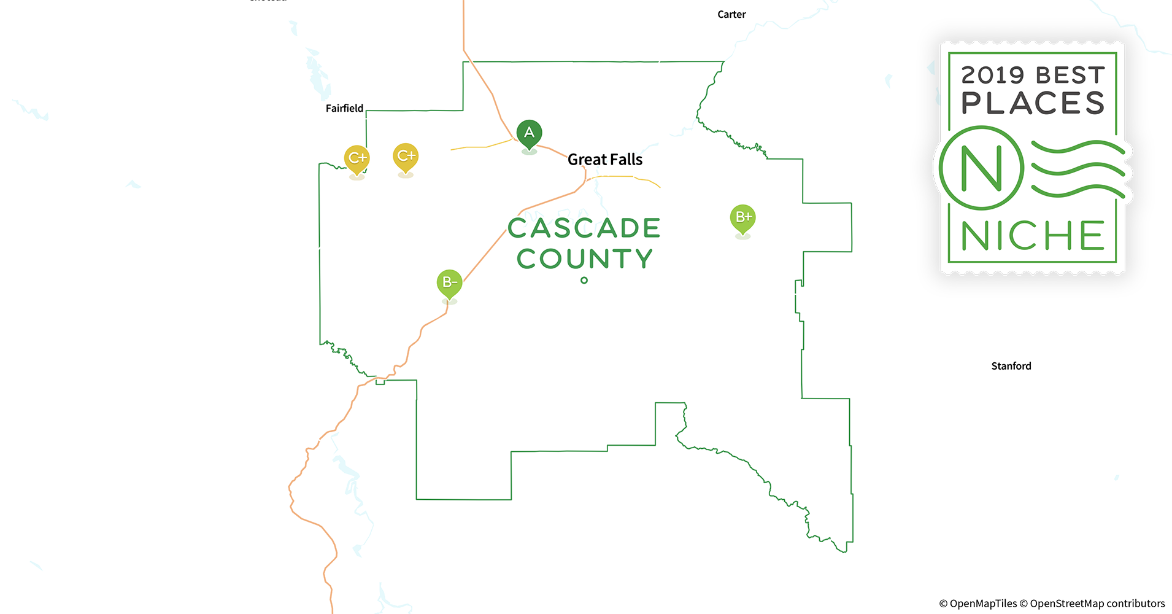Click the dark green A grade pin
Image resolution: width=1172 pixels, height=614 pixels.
coord(529,133)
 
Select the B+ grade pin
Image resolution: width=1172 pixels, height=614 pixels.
coord(742,218)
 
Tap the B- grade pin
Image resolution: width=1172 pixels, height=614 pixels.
coord(449,283)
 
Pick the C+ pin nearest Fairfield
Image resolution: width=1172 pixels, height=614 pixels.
coord(357,158)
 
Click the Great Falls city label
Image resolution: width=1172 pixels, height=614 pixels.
coord(604,160)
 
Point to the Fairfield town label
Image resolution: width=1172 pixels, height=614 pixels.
coord(344,109)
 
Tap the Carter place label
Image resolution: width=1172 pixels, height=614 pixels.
coord(731,15)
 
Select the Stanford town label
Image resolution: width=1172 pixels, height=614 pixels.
coord(1011,366)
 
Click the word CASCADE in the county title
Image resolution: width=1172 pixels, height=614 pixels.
coord(584,228)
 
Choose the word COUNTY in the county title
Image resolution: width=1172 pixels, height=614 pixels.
coord(584,259)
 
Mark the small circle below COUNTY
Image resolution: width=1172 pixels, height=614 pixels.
coord(584,281)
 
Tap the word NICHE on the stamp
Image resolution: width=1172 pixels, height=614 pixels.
coord(1033,236)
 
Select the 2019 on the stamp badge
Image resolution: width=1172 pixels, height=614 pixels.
coord(992,76)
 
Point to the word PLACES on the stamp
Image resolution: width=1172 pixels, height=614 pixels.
coord(1033,103)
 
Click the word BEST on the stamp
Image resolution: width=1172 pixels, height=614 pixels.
coord(1070,76)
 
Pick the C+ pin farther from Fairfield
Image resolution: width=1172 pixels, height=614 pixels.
coord(406,157)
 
